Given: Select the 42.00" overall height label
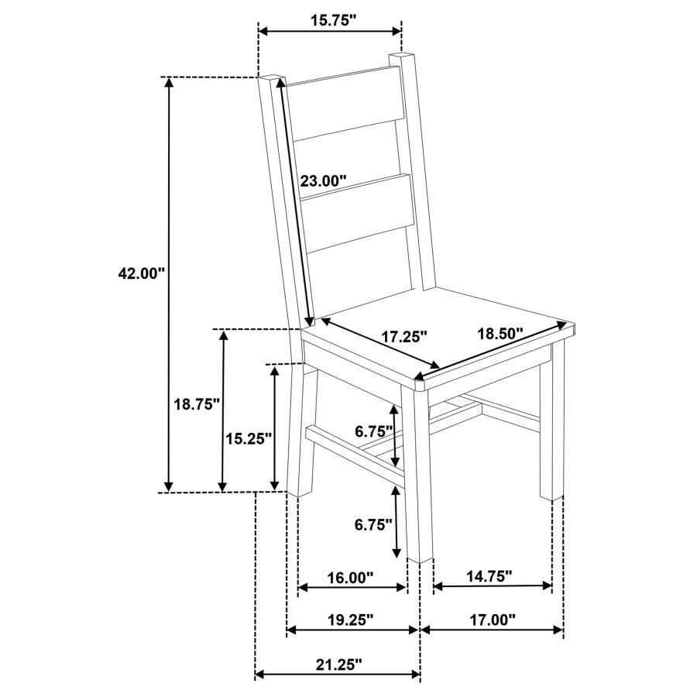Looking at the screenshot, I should click(x=142, y=273).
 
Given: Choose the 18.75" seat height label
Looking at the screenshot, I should click(x=197, y=403).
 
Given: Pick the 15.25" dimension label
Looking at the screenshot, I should click(x=248, y=438).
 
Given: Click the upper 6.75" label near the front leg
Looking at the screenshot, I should click(x=374, y=431).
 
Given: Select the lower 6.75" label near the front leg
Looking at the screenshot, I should click(x=374, y=524).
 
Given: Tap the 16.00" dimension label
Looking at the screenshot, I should click(x=351, y=577).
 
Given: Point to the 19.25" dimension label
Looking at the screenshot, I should click(x=351, y=620).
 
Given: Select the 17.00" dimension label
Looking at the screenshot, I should click(x=492, y=620).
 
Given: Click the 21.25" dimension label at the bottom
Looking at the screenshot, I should click(x=338, y=664).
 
